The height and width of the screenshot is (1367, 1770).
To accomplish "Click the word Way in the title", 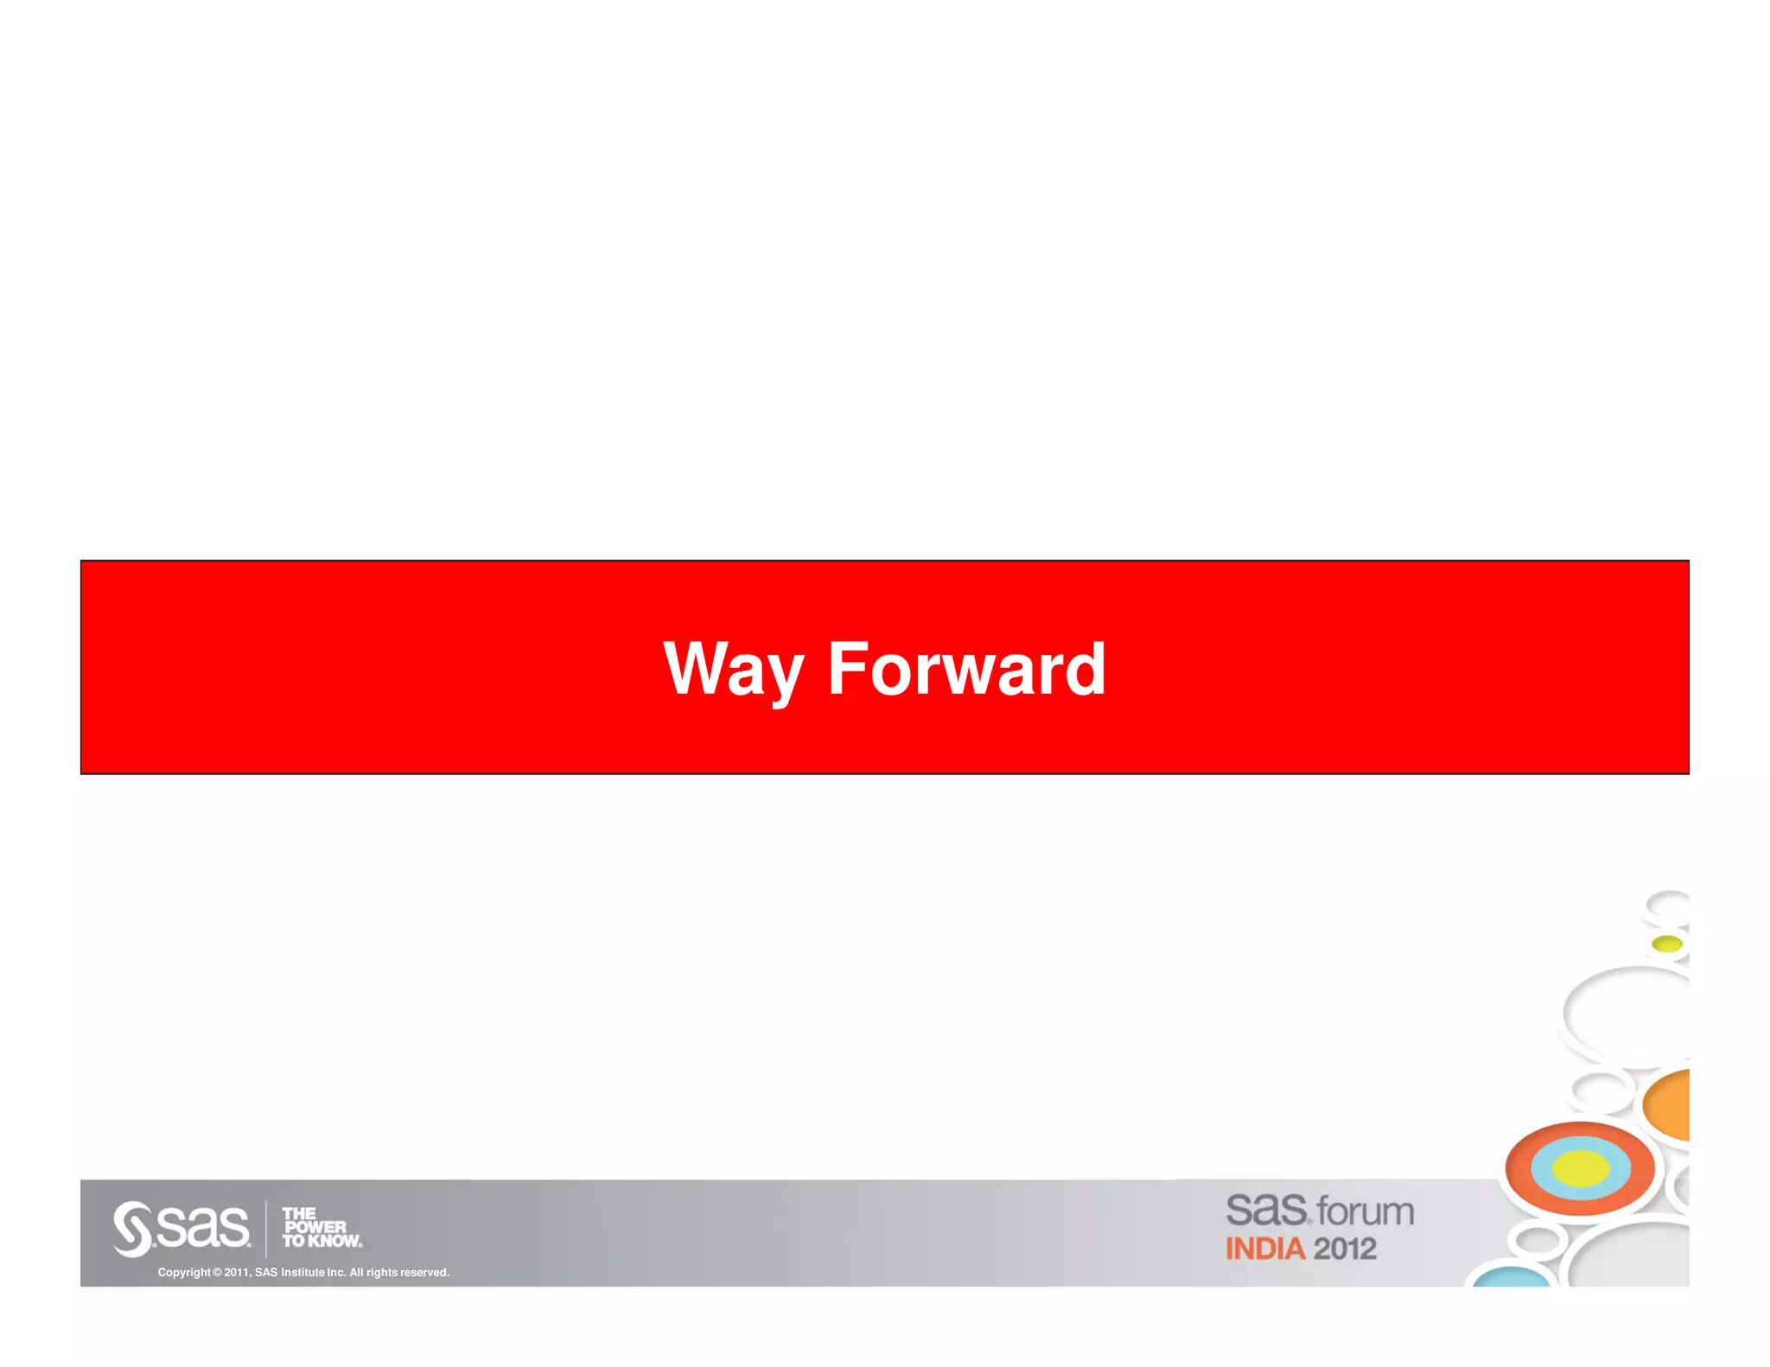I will [733, 669].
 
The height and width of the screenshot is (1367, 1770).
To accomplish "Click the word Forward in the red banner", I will [966, 669].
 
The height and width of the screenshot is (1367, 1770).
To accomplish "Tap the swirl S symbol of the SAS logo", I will [132, 1228].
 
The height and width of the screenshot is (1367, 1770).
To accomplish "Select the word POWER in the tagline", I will [315, 1227].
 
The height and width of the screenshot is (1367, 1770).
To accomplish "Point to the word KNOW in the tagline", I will [334, 1241].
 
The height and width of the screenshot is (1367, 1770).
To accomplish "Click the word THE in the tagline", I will [299, 1213].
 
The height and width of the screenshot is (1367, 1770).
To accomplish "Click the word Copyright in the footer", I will [183, 1272].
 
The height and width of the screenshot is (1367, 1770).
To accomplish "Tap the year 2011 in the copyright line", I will [236, 1272].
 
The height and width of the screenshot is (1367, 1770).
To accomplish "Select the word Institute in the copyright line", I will [302, 1272].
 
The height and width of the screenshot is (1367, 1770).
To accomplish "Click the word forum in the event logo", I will [1366, 1211].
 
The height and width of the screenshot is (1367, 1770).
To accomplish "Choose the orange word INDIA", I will [1264, 1249].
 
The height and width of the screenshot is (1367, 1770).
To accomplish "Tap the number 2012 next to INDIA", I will [1345, 1249].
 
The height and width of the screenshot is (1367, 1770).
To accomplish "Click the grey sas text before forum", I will [1266, 1209].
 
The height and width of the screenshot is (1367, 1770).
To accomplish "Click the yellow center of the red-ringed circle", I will [1580, 1169].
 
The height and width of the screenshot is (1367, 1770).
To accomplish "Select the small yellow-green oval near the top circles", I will [1666, 944].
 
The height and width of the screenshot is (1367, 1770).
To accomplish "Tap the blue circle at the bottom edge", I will [1512, 1278].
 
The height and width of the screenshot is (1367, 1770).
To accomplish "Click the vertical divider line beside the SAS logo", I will [266, 1228].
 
